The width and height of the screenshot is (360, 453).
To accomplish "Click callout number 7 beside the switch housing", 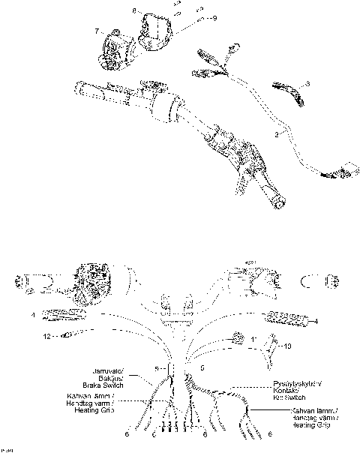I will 97,31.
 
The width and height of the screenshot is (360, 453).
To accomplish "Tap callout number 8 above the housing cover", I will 135,11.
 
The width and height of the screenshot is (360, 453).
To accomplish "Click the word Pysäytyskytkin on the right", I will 295,383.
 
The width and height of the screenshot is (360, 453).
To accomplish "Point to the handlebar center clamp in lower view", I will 178,307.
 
